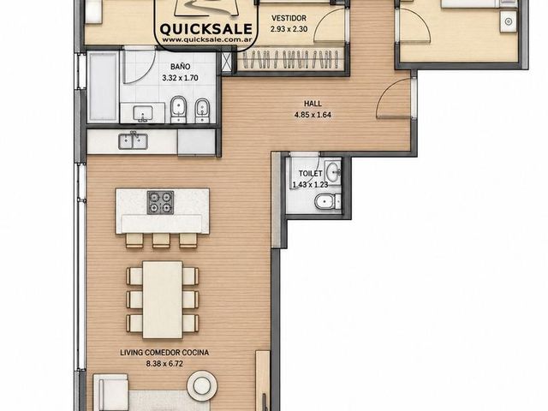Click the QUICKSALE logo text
[205, 29]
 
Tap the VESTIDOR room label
[289, 18]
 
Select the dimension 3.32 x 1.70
[180, 78]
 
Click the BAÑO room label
[181, 67]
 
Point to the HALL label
[313, 104]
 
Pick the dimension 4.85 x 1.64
[313, 115]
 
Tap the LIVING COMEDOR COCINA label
[164, 353]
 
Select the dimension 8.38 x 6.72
[164, 364]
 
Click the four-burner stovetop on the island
[160, 202]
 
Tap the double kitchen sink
[133, 141]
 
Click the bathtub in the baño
[103, 87]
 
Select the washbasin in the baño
[143, 113]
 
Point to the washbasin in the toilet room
[333, 171]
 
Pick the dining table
[163, 300]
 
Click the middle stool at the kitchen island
[161, 241]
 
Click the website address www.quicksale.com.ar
[205, 40]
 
